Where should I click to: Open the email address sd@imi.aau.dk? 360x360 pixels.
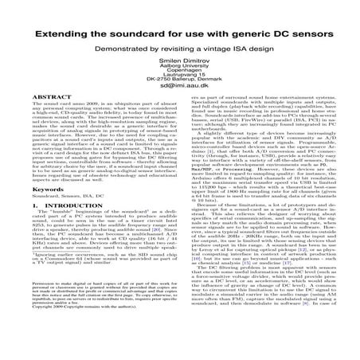179,96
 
